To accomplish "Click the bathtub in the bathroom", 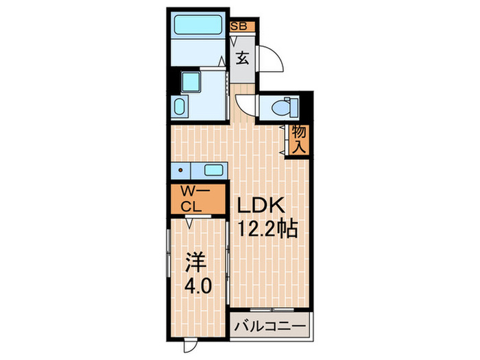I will [197, 25].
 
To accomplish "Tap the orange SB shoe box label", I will [240, 27].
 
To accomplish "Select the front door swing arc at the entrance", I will [272, 60].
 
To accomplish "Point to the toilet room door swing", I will [245, 108].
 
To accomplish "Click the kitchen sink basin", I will [213, 171].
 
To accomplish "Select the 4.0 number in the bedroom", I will [197, 284].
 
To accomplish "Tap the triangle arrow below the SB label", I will [235, 39].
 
